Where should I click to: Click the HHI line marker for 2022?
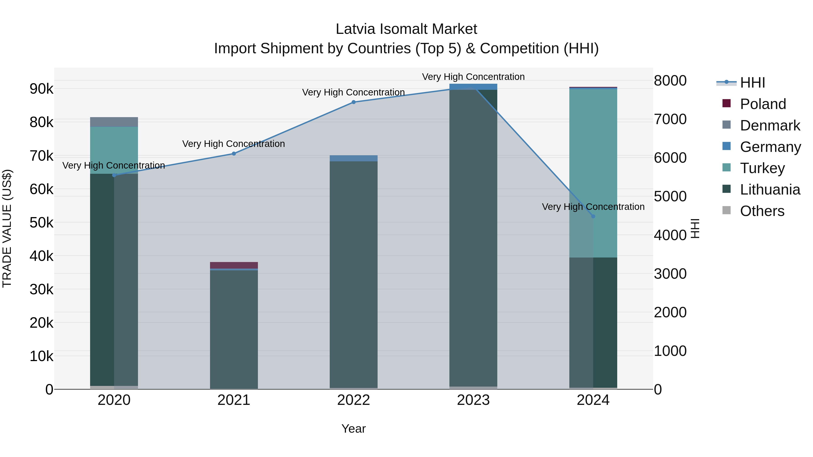[353, 102]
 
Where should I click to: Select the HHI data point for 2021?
[234, 154]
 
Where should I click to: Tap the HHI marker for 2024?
[593, 216]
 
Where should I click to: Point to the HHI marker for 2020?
[114, 175]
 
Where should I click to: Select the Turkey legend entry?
[762, 168]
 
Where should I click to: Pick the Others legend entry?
[762, 211]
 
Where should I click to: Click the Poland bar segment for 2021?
[234, 265]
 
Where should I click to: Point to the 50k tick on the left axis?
[42, 223]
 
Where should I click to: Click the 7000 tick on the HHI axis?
[670, 119]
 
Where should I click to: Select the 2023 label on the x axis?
[473, 400]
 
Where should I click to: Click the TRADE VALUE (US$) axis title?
[7, 228]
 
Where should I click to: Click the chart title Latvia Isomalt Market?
[406, 29]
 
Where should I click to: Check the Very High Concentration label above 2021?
[234, 144]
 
